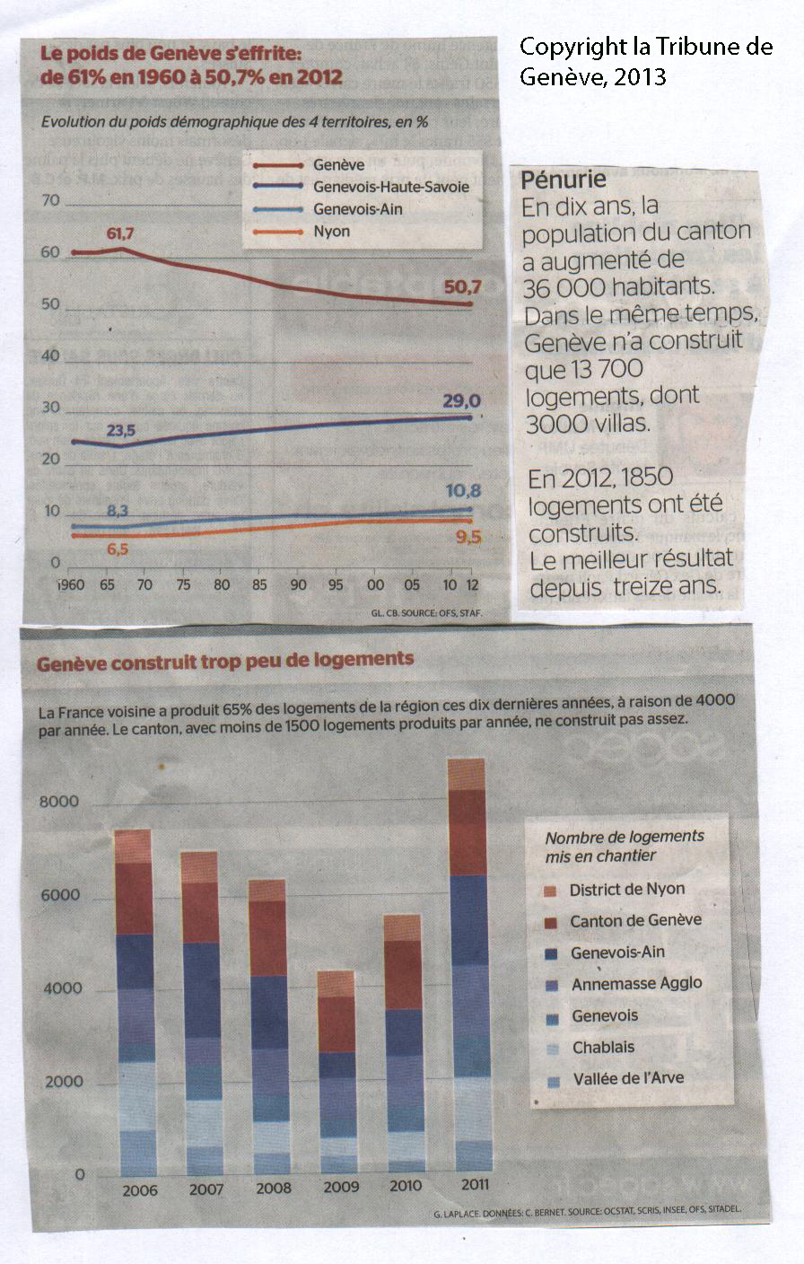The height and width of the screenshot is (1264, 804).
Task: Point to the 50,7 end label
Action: pyautogui.click(x=463, y=287)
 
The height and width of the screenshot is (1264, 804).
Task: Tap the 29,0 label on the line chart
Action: pyautogui.click(x=462, y=401)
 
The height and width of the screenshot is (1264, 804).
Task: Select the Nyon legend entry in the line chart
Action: pyautogui.click(x=331, y=232)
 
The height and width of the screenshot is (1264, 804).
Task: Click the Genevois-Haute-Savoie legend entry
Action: pyautogui.click(x=391, y=187)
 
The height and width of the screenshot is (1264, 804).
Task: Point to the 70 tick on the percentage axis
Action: pyautogui.click(x=50, y=200)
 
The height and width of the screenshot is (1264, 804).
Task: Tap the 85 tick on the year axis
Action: pyautogui.click(x=260, y=585)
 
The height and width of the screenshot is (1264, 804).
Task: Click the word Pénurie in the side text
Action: pyautogui.click(x=564, y=180)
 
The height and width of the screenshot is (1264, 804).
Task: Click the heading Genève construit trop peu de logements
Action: pyautogui.click(x=225, y=659)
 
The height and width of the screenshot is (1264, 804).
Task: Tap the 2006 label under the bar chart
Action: pyautogui.click(x=139, y=1190)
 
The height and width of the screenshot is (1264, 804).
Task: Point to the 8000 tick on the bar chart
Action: pyautogui.click(x=59, y=802)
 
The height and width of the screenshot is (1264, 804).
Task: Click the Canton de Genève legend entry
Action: pyautogui.click(x=635, y=920)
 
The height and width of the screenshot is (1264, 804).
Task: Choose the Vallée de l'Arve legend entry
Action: pyautogui.click(x=627, y=1078)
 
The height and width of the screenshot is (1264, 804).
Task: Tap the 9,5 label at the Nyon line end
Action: pyautogui.click(x=468, y=538)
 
